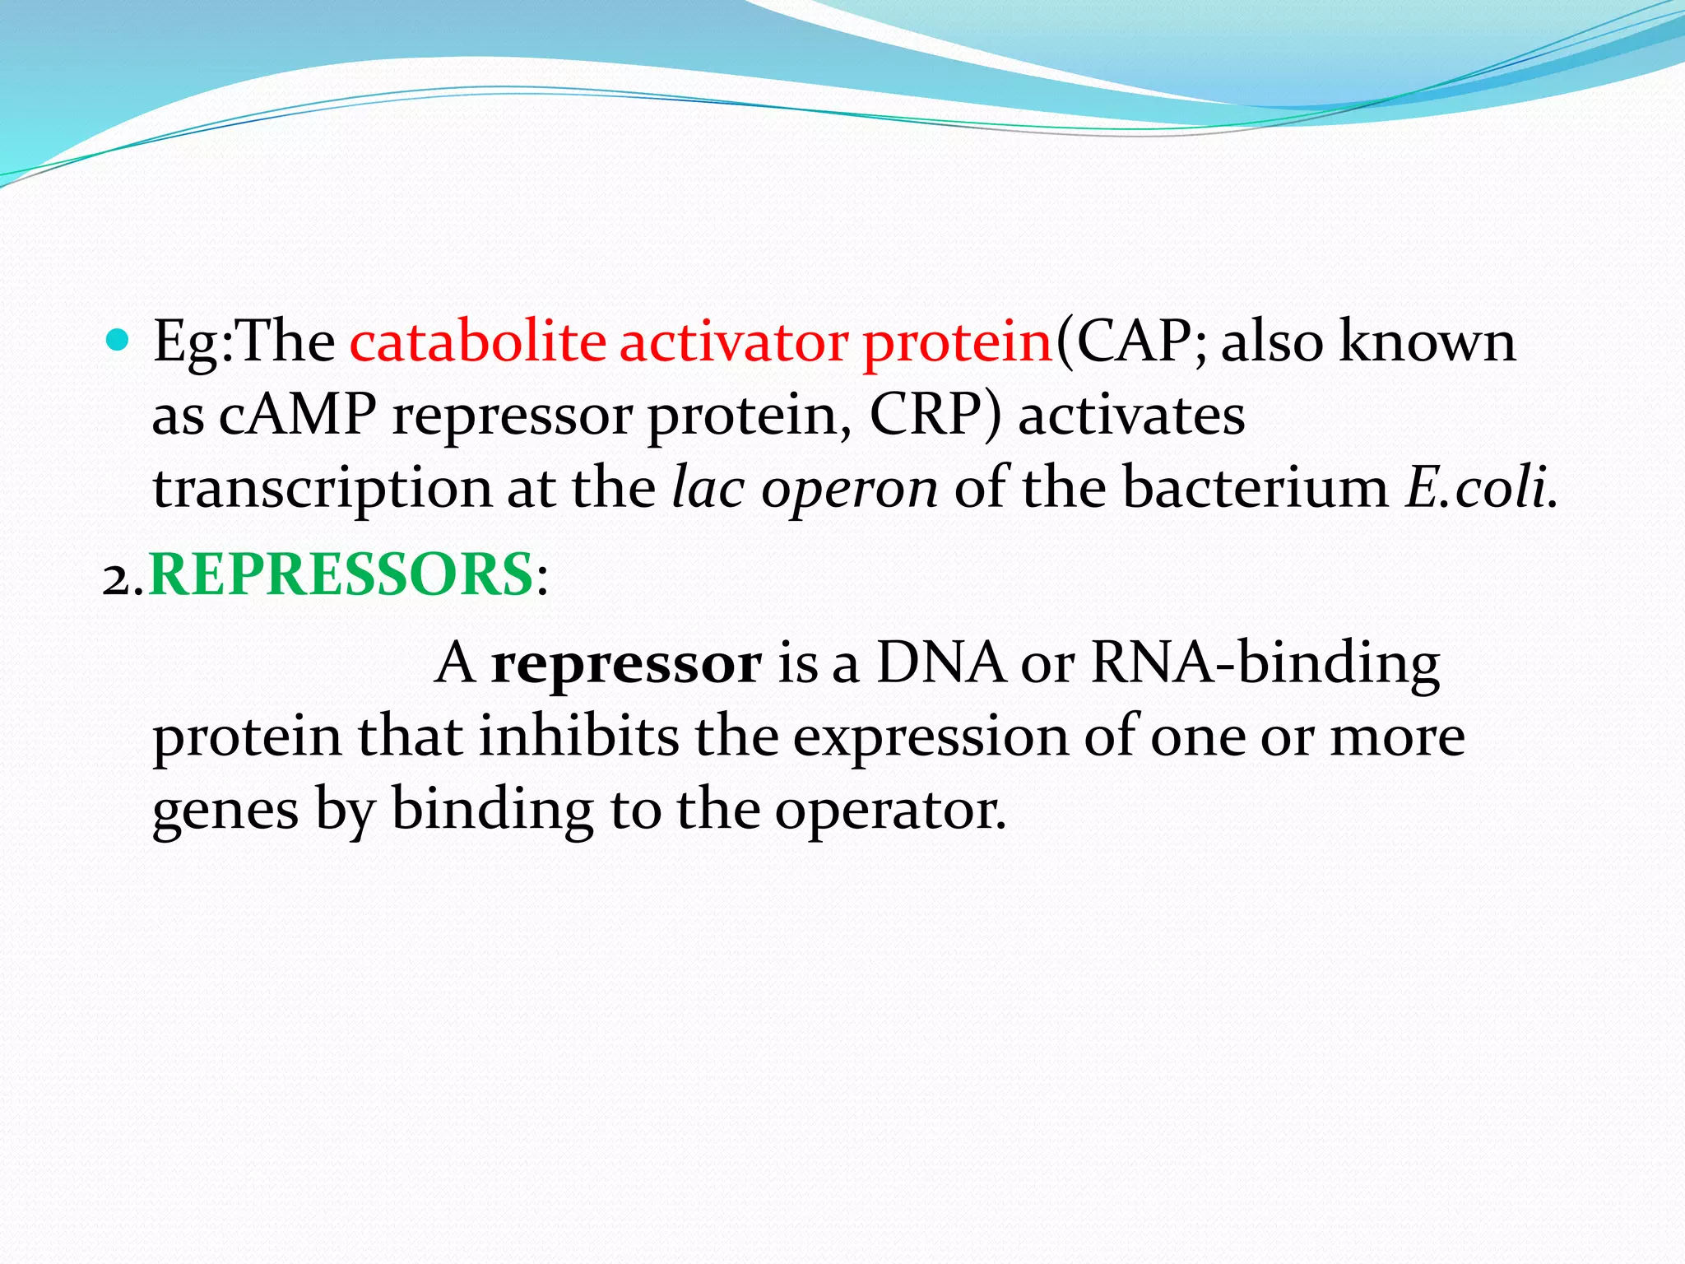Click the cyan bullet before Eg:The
point(118,340)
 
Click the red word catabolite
point(477,342)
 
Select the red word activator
point(733,342)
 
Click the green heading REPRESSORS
point(341,574)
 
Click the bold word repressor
point(626,665)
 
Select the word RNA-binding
point(1265,663)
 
